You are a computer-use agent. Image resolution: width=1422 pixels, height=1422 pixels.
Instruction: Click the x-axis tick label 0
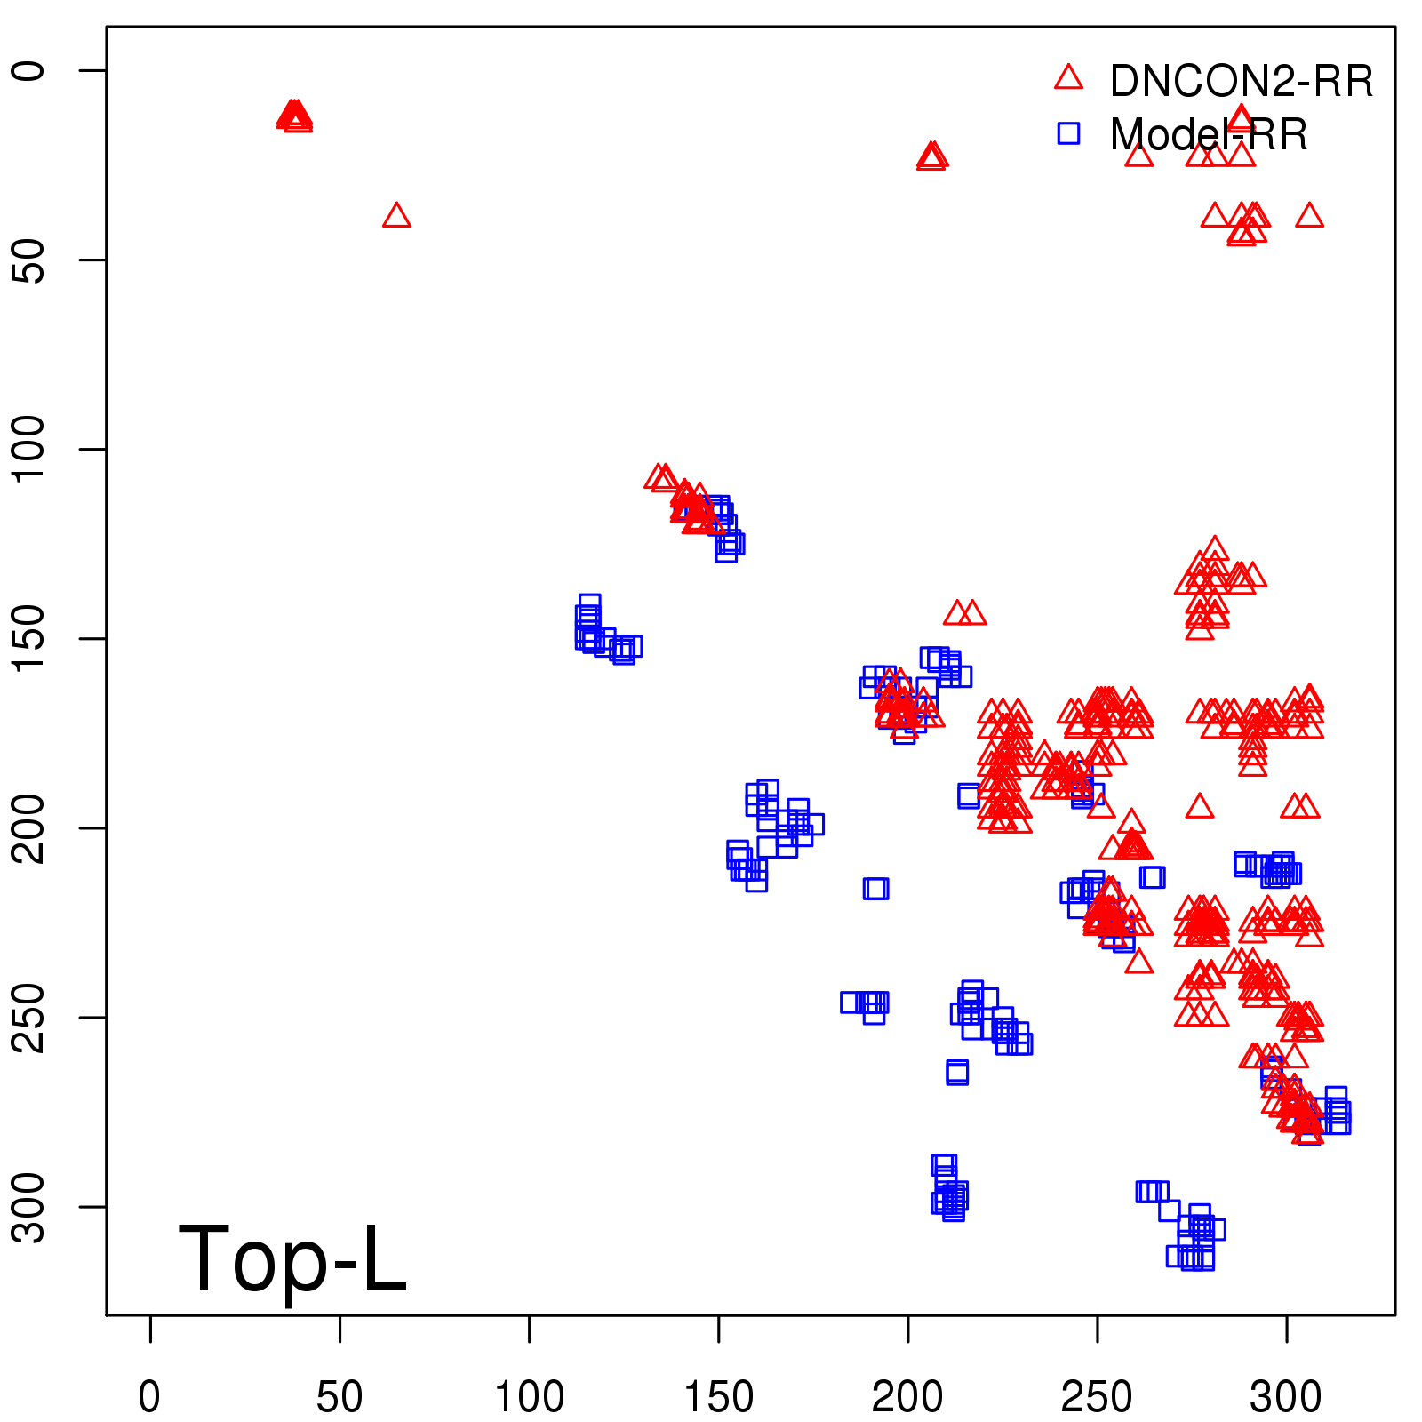(x=149, y=1396)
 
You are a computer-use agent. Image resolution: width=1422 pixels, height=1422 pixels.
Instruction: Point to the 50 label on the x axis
(x=340, y=1396)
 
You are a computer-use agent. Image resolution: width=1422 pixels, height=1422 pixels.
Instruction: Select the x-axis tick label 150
(x=718, y=1396)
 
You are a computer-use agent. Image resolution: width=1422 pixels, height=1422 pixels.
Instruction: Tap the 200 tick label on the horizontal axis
(x=907, y=1396)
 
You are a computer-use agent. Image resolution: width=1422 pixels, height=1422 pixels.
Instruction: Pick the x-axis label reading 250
(x=1097, y=1396)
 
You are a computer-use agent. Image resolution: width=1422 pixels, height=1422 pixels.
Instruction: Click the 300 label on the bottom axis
(x=1286, y=1396)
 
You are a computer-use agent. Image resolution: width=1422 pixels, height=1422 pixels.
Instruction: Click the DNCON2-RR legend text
(x=1241, y=81)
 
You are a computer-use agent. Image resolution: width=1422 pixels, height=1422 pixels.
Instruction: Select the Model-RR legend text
(x=1209, y=135)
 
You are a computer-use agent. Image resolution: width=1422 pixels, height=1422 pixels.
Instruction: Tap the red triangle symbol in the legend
(x=1068, y=78)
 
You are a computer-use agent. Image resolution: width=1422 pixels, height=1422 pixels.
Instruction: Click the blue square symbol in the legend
(x=1068, y=133)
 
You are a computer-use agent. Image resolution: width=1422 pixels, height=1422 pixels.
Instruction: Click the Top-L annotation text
(x=292, y=1258)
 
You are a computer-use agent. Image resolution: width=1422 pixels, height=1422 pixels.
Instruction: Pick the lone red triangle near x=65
(x=396, y=216)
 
